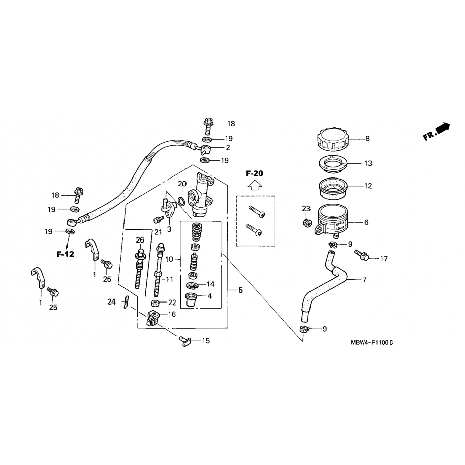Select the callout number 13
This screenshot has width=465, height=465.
click(x=368, y=163)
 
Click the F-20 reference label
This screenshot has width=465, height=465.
click(x=254, y=173)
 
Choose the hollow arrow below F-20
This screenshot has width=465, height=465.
click(x=255, y=185)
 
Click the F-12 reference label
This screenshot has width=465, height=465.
click(x=65, y=255)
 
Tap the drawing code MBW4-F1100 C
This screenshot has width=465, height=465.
click(x=372, y=343)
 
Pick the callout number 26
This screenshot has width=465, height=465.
click(x=140, y=240)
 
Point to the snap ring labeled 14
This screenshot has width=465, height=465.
click(x=193, y=286)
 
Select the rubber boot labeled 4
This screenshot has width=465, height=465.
click(x=192, y=300)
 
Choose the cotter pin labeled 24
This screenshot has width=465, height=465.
click(x=126, y=302)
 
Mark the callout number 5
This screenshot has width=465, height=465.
click(x=240, y=290)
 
